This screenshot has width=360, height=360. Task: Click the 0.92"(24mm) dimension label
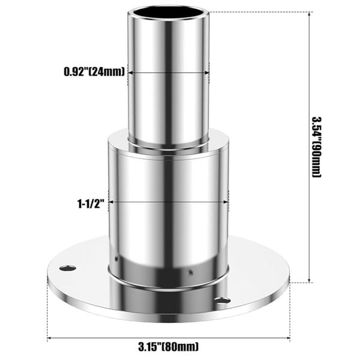click(x=94, y=72)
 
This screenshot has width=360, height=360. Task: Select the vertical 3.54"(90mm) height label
click(x=316, y=145)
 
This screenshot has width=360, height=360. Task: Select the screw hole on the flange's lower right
click(x=222, y=299)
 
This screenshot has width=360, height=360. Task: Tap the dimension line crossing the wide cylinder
click(x=168, y=203)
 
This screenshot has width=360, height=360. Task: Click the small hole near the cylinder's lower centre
click(x=190, y=272)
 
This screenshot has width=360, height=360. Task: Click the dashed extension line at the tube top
click(x=258, y=11)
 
